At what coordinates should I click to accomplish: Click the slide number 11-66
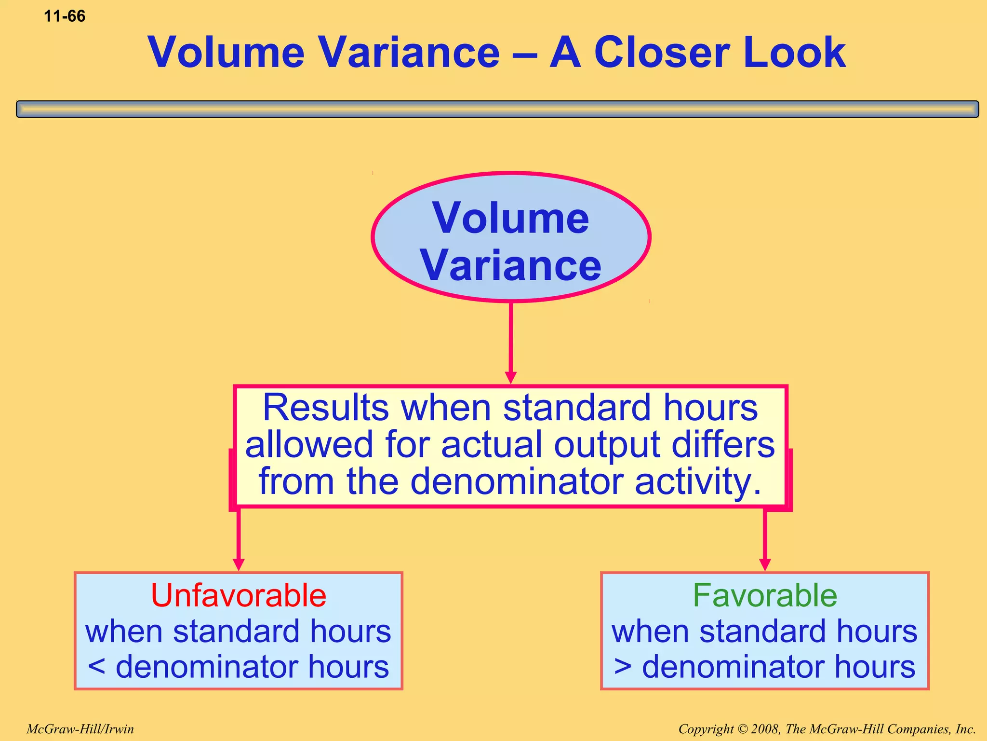(x=65, y=16)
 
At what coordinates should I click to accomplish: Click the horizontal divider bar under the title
(x=497, y=109)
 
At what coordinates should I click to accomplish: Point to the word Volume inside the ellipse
(x=511, y=219)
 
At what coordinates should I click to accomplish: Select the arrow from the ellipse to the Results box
(x=511, y=343)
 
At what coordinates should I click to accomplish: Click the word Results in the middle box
(x=326, y=408)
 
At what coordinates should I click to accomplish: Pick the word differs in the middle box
(x=723, y=445)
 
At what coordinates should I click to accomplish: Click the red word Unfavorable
(x=239, y=595)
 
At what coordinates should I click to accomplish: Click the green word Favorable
(x=765, y=595)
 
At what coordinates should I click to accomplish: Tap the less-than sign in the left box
(x=97, y=667)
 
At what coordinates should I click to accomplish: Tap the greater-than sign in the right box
(x=623, y=667)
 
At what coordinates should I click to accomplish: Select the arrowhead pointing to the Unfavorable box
(x=239, y=564)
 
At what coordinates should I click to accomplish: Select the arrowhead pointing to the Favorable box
(x=765, y=564)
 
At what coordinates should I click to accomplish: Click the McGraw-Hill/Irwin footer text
(x=80, y=729)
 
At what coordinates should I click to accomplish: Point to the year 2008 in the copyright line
(x=766, y=729)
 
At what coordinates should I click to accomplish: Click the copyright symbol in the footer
(x=742, y=729)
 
